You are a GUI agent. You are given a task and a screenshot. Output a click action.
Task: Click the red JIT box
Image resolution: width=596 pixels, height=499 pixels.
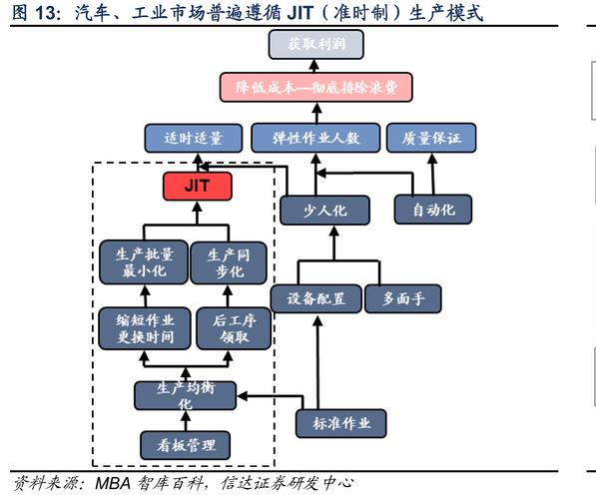click(x=197, y=186)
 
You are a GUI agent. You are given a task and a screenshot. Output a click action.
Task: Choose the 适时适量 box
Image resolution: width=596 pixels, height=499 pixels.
click(x=193, y=137)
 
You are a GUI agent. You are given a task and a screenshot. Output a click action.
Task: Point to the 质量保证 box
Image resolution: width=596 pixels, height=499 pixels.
click(x=431, y=137)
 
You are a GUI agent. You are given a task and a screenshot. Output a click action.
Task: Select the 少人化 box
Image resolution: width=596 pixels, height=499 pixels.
click(x=324, y=210)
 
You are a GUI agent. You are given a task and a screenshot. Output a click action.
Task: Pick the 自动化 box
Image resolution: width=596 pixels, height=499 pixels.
click(x=431, y=210)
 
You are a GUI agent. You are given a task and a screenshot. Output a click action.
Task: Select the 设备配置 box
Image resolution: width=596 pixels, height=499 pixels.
click(x=315, y=297)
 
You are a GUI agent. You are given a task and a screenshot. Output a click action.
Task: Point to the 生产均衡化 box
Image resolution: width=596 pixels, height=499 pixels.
click(x=184, y=395)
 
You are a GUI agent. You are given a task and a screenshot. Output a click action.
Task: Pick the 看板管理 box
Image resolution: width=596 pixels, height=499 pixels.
click(x=184, y=443)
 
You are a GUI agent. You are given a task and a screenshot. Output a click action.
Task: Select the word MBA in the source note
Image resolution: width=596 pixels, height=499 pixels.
click(x=113, y=484)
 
